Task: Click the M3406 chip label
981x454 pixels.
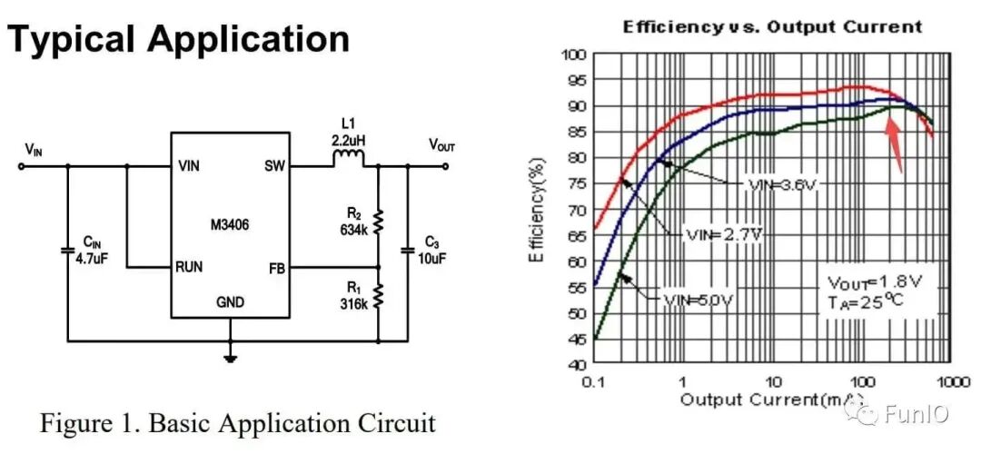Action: coord(231,222)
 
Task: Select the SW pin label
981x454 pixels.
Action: coord(273,166)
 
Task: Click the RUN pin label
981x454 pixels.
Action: coord(190,267)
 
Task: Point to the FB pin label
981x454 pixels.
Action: coord(277,267)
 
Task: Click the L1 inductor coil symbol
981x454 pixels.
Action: coord(348,160)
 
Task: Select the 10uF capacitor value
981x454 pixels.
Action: coord(431,259)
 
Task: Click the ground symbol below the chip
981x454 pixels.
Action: coord(231,357)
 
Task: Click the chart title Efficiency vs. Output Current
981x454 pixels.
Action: coord(772,26)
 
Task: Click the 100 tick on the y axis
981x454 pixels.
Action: coord(575,54)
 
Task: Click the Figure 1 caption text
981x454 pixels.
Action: coord(238,423)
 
